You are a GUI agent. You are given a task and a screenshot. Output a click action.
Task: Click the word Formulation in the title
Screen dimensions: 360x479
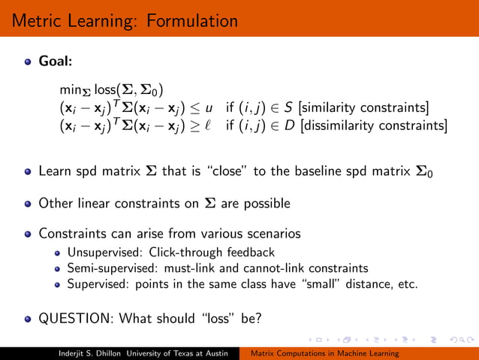(191, 20)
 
